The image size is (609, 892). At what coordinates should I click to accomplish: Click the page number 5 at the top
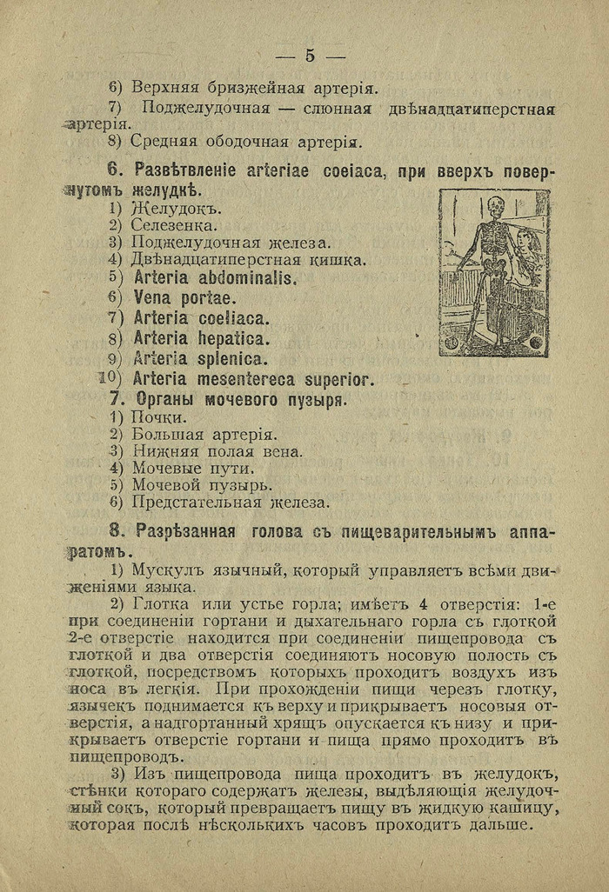click(310, 57)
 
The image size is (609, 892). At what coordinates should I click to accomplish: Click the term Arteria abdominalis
click(215, 279)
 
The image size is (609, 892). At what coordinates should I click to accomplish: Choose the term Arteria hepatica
click(201, 338)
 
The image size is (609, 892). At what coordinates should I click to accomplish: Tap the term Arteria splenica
click(200, 358)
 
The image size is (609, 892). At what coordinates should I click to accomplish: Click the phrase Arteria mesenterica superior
click(253, 379)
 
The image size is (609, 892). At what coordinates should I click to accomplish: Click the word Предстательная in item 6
click(185, 502)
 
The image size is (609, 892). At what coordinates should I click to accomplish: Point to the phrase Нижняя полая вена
click(217, 451)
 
